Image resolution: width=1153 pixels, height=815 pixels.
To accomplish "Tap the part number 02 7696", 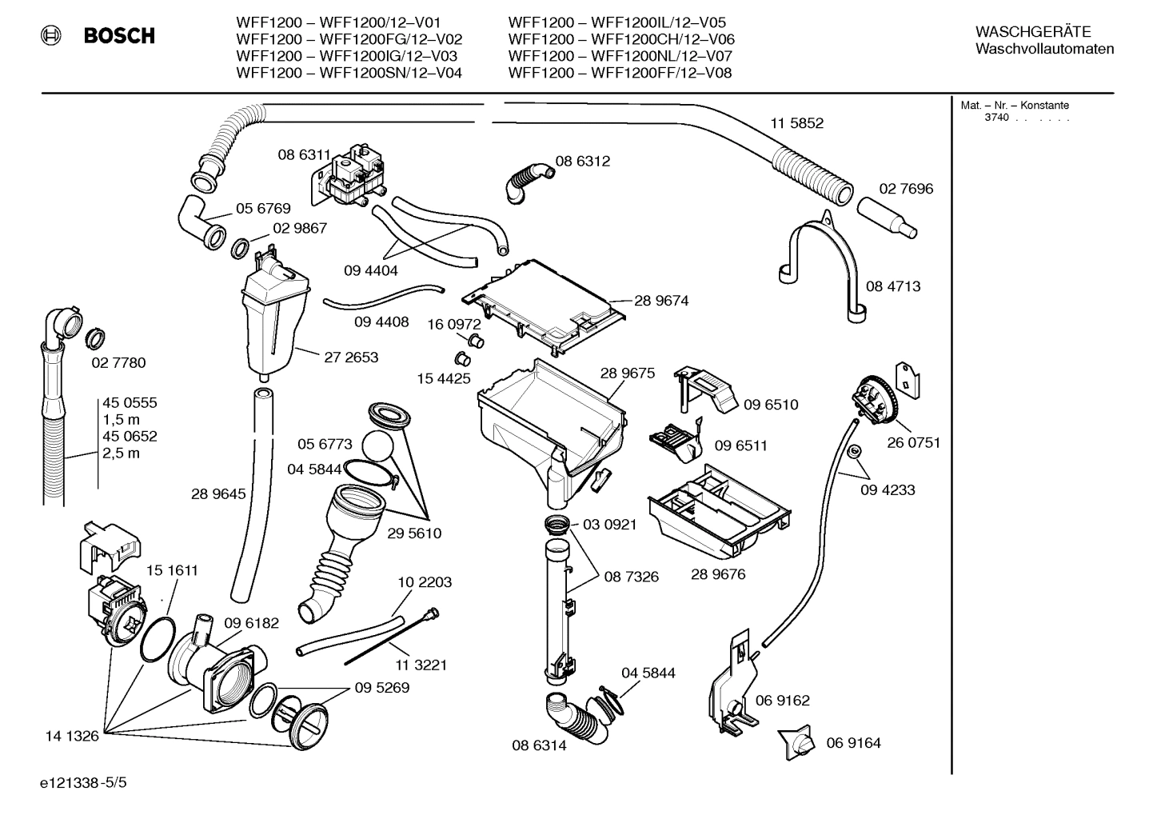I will coord(906,189).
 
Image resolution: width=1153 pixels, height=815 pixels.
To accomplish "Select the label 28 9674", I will coord(661,301).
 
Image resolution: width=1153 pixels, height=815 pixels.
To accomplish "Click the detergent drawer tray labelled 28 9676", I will coord(720,512).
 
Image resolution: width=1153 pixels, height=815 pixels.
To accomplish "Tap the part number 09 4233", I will coord(888,489).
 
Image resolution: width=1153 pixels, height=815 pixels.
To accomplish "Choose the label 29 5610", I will coord(414,533).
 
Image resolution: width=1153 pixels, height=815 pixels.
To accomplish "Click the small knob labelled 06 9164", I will coord(796,744).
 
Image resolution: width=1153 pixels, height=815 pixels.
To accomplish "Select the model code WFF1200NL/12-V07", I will coord(660,56).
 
